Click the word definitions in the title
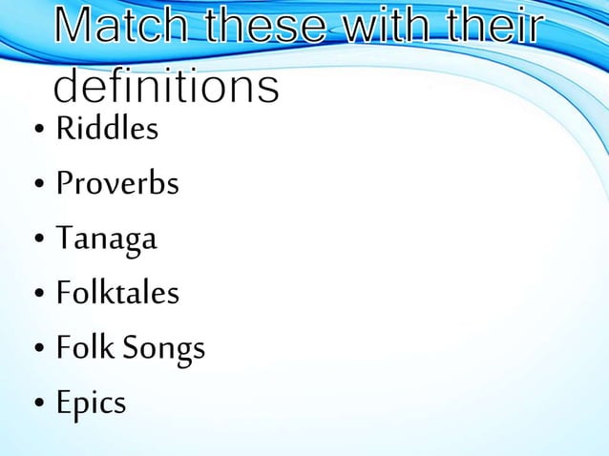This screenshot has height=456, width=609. [166, 89]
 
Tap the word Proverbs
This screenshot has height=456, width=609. [116, 182]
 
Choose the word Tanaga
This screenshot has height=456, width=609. [106, 238]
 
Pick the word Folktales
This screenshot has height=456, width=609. [116, 293]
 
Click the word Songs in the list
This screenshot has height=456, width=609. [169, 349]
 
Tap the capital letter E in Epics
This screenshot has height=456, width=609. [64, 403]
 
